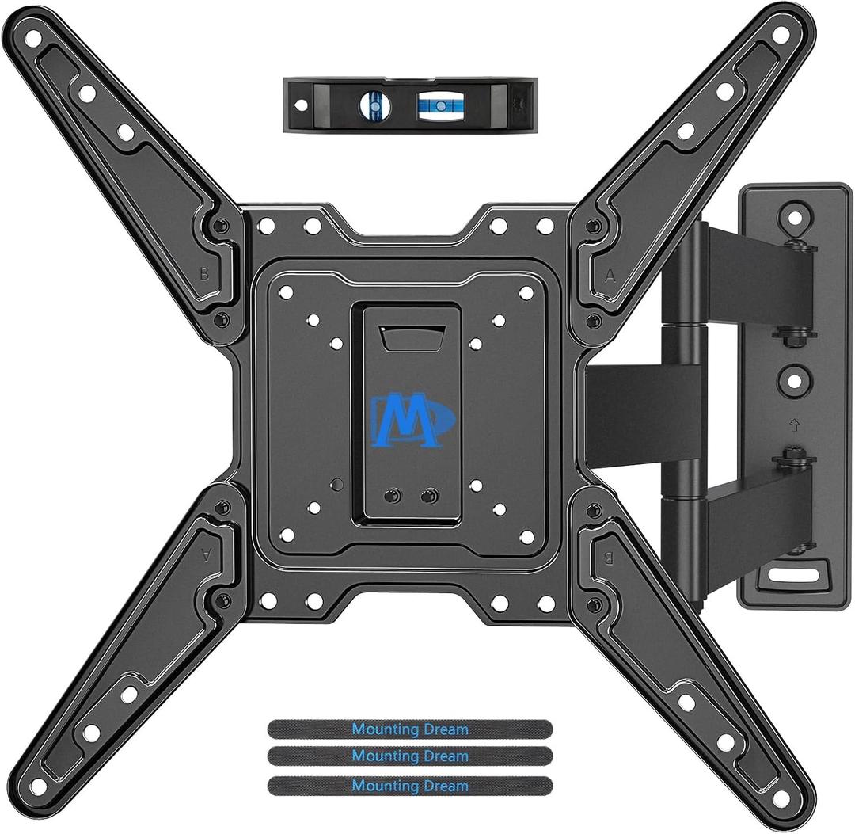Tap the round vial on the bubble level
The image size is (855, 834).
coord(374,104)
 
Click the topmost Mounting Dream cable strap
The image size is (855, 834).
coord(409,729)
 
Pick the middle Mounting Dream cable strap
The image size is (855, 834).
coord(409,757)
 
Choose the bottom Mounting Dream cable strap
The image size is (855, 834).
coord(409,786)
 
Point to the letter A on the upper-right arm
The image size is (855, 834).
coord(610,276)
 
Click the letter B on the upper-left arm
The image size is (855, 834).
coord(205,276)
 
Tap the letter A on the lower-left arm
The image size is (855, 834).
coord(207,556)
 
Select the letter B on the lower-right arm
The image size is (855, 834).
coord(610,556)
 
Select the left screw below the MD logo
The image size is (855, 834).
coord(389,496)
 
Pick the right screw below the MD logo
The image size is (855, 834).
coord(430,496)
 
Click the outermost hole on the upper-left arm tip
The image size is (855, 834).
coord(32,37)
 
